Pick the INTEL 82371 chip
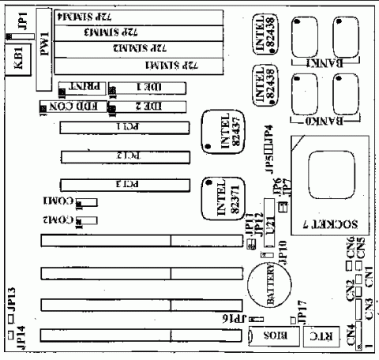[223, 197]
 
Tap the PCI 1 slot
[126, 126]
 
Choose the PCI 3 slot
[126, 185]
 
